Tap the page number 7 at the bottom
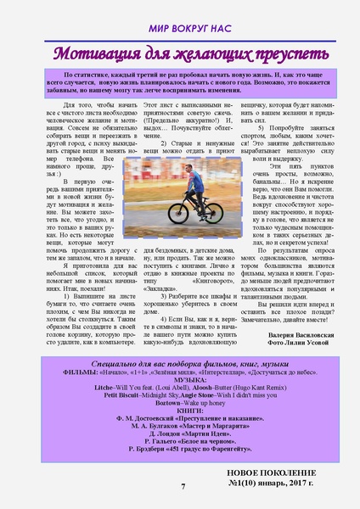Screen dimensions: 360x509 (x=183, y=485)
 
